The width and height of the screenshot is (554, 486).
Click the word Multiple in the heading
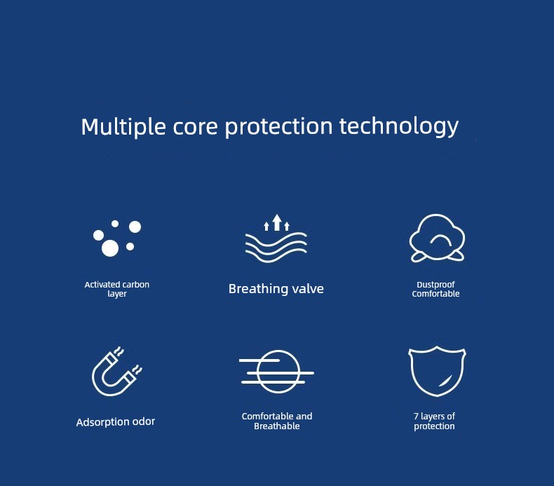pos(123,126)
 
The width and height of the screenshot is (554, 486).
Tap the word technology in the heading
pos(399,126)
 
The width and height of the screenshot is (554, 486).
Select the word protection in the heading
pos(279,126)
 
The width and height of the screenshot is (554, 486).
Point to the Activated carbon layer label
pos(117,289)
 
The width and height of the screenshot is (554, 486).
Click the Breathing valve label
pos(276,289)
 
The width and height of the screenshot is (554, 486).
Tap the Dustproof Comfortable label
pos(435,289)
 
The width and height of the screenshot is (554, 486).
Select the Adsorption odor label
pos(116,421)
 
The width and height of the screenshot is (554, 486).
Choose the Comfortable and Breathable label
pos(277,421)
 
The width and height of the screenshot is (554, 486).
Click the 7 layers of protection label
pos(434,421)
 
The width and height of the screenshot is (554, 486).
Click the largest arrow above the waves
pos(277,222)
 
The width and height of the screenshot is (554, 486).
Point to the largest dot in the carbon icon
pos(110,248)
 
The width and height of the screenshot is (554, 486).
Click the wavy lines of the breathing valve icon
pos(276,247)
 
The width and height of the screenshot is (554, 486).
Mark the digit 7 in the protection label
pos(416,416)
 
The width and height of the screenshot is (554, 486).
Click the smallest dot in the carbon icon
pos(115,224)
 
